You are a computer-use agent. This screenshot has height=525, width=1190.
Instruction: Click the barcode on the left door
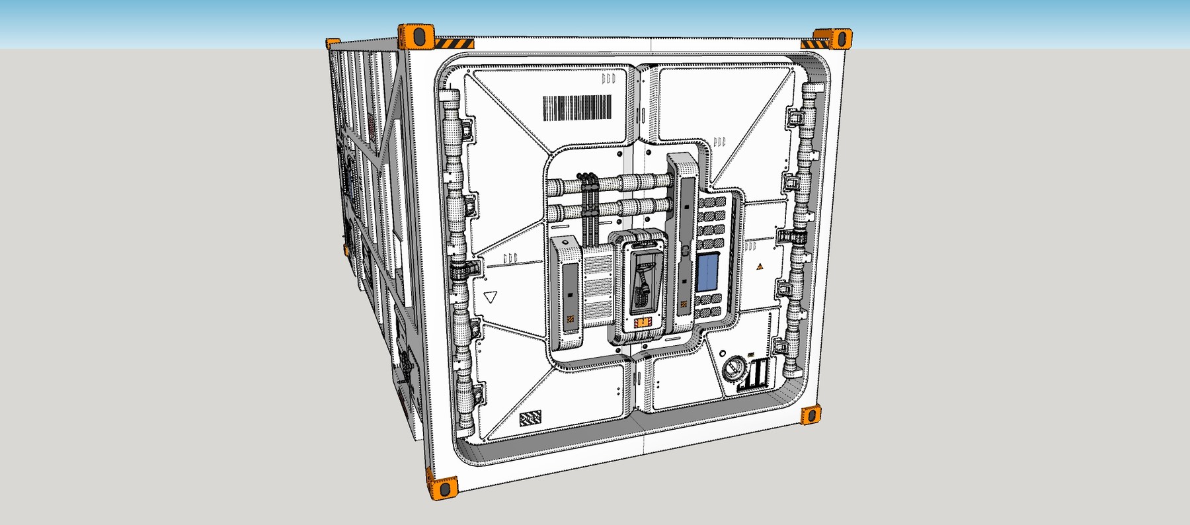(x=577, y=108)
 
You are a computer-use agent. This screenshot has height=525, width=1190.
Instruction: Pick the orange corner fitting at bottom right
(x=811, y=415)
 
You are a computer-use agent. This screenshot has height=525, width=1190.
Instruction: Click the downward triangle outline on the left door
(x=490, y=297)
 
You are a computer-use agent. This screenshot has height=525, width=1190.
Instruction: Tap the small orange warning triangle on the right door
(x=760, y=266)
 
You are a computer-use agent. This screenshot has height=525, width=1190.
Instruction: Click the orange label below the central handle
(x=642, y=323)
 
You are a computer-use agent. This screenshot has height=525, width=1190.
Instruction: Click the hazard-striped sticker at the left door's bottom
(x=530, y=418)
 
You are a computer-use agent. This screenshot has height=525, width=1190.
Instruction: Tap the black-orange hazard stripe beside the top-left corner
(x=453, y=44)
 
